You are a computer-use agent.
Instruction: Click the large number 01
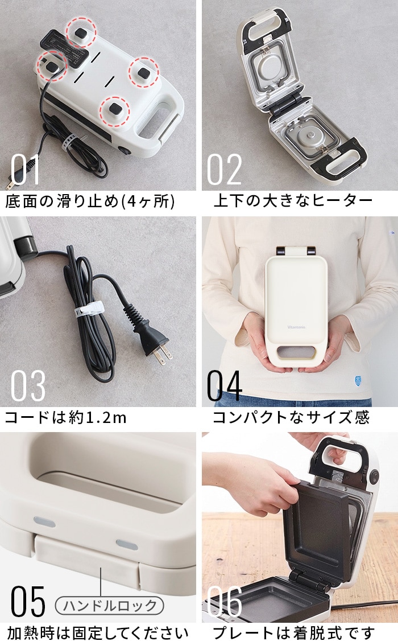[x=26, y=169]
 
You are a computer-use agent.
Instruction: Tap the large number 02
[x=225, y=169]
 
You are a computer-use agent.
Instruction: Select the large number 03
[x=28, y=386]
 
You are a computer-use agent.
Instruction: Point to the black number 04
[x=225, y=386]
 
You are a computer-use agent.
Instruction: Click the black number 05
[x=28, y=601]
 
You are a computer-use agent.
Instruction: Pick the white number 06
[x=225, y=601]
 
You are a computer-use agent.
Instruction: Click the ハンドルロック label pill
[x=109, y=606]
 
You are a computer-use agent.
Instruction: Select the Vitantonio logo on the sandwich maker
[x=296, y=327]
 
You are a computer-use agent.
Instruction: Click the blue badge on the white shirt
[x=358, y=381]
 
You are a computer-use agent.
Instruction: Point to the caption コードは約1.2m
[x=65, y=417]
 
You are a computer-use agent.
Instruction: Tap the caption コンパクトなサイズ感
[x=291, y=417]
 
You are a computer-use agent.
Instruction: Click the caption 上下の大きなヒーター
[x=293, y=200]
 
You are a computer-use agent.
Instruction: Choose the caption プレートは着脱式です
[x=293, y=633]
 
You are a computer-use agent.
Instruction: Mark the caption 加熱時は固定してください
[x=98, y=633]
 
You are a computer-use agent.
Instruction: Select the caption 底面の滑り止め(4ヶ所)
[x=90, y=201]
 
